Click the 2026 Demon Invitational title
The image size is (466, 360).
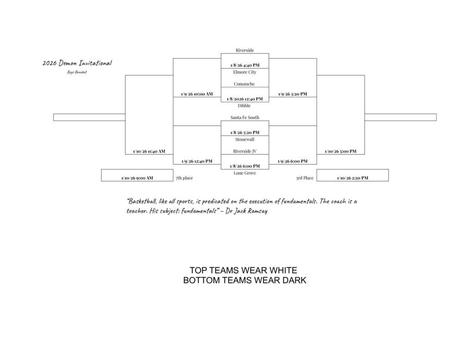pyautogui.click(x=77, y=63)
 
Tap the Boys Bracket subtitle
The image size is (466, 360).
pyautogui.click(x=77, y=72)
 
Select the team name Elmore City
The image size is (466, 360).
pyautogui.click(x=244, y=72)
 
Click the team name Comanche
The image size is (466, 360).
pyautogui.click(x=244, y=84)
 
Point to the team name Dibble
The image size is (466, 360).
pyautogui.click(x=244, y=106)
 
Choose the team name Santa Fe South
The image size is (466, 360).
pyautogui.click(x=244, y=117)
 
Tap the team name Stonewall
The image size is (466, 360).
pyautogui.click(x=244, y=139)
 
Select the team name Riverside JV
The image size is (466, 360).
pyautogui.click(x=244, y=151)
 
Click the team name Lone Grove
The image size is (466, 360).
pyautogui.click(x=244, y=173)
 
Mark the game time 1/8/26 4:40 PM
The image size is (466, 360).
pyautogui.click(x=244, y=65)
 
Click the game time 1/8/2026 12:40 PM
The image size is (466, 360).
pyautogui.click(x=244, y=99)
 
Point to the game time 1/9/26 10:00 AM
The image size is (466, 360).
pyautogui.click(x=197, y=94)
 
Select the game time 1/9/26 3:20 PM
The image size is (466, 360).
pyautogui.click(x=292, y=94)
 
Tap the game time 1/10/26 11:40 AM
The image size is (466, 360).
pyautogui.click(x=149, y=151)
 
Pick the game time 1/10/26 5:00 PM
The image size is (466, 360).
pyautogui.click(x=340, y=151)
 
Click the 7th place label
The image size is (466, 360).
pyautogui.click(x=184, y=178)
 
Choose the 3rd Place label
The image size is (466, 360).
pyautogui.click(x=304, y=178)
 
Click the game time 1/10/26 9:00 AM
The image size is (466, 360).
pyautogui.click(x=137, y=178)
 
